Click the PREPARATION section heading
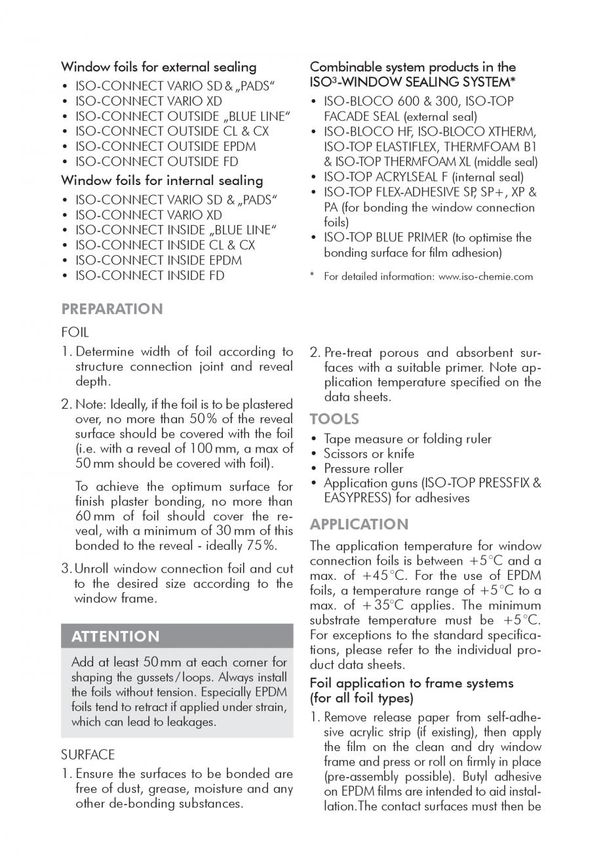click(x=112, y=309)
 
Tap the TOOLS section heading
click(x=334, y=418)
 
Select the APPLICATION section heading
click(x=359, y=524)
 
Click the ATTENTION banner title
click(x=115, y=636)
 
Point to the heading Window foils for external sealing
click(x=159, y=67)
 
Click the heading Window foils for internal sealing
click(x=162, y=180)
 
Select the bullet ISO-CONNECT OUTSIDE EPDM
click(x=165, y=146)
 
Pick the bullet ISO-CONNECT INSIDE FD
click(x=149, y=275)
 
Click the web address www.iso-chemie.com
click(x=485, y=277)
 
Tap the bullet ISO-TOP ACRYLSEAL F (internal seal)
click(x=423, y=177)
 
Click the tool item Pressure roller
click(x=364, y=468)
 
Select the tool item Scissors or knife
click(x=369, y=453)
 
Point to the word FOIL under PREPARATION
click(x=75, y=333)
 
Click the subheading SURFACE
click(x=88, y=754)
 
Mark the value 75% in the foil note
click(x=261, y=546)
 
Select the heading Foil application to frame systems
click(x=412, y=683)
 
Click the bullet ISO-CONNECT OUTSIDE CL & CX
click(x=172, y=131)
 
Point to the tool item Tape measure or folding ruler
click(x=408, y=439)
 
